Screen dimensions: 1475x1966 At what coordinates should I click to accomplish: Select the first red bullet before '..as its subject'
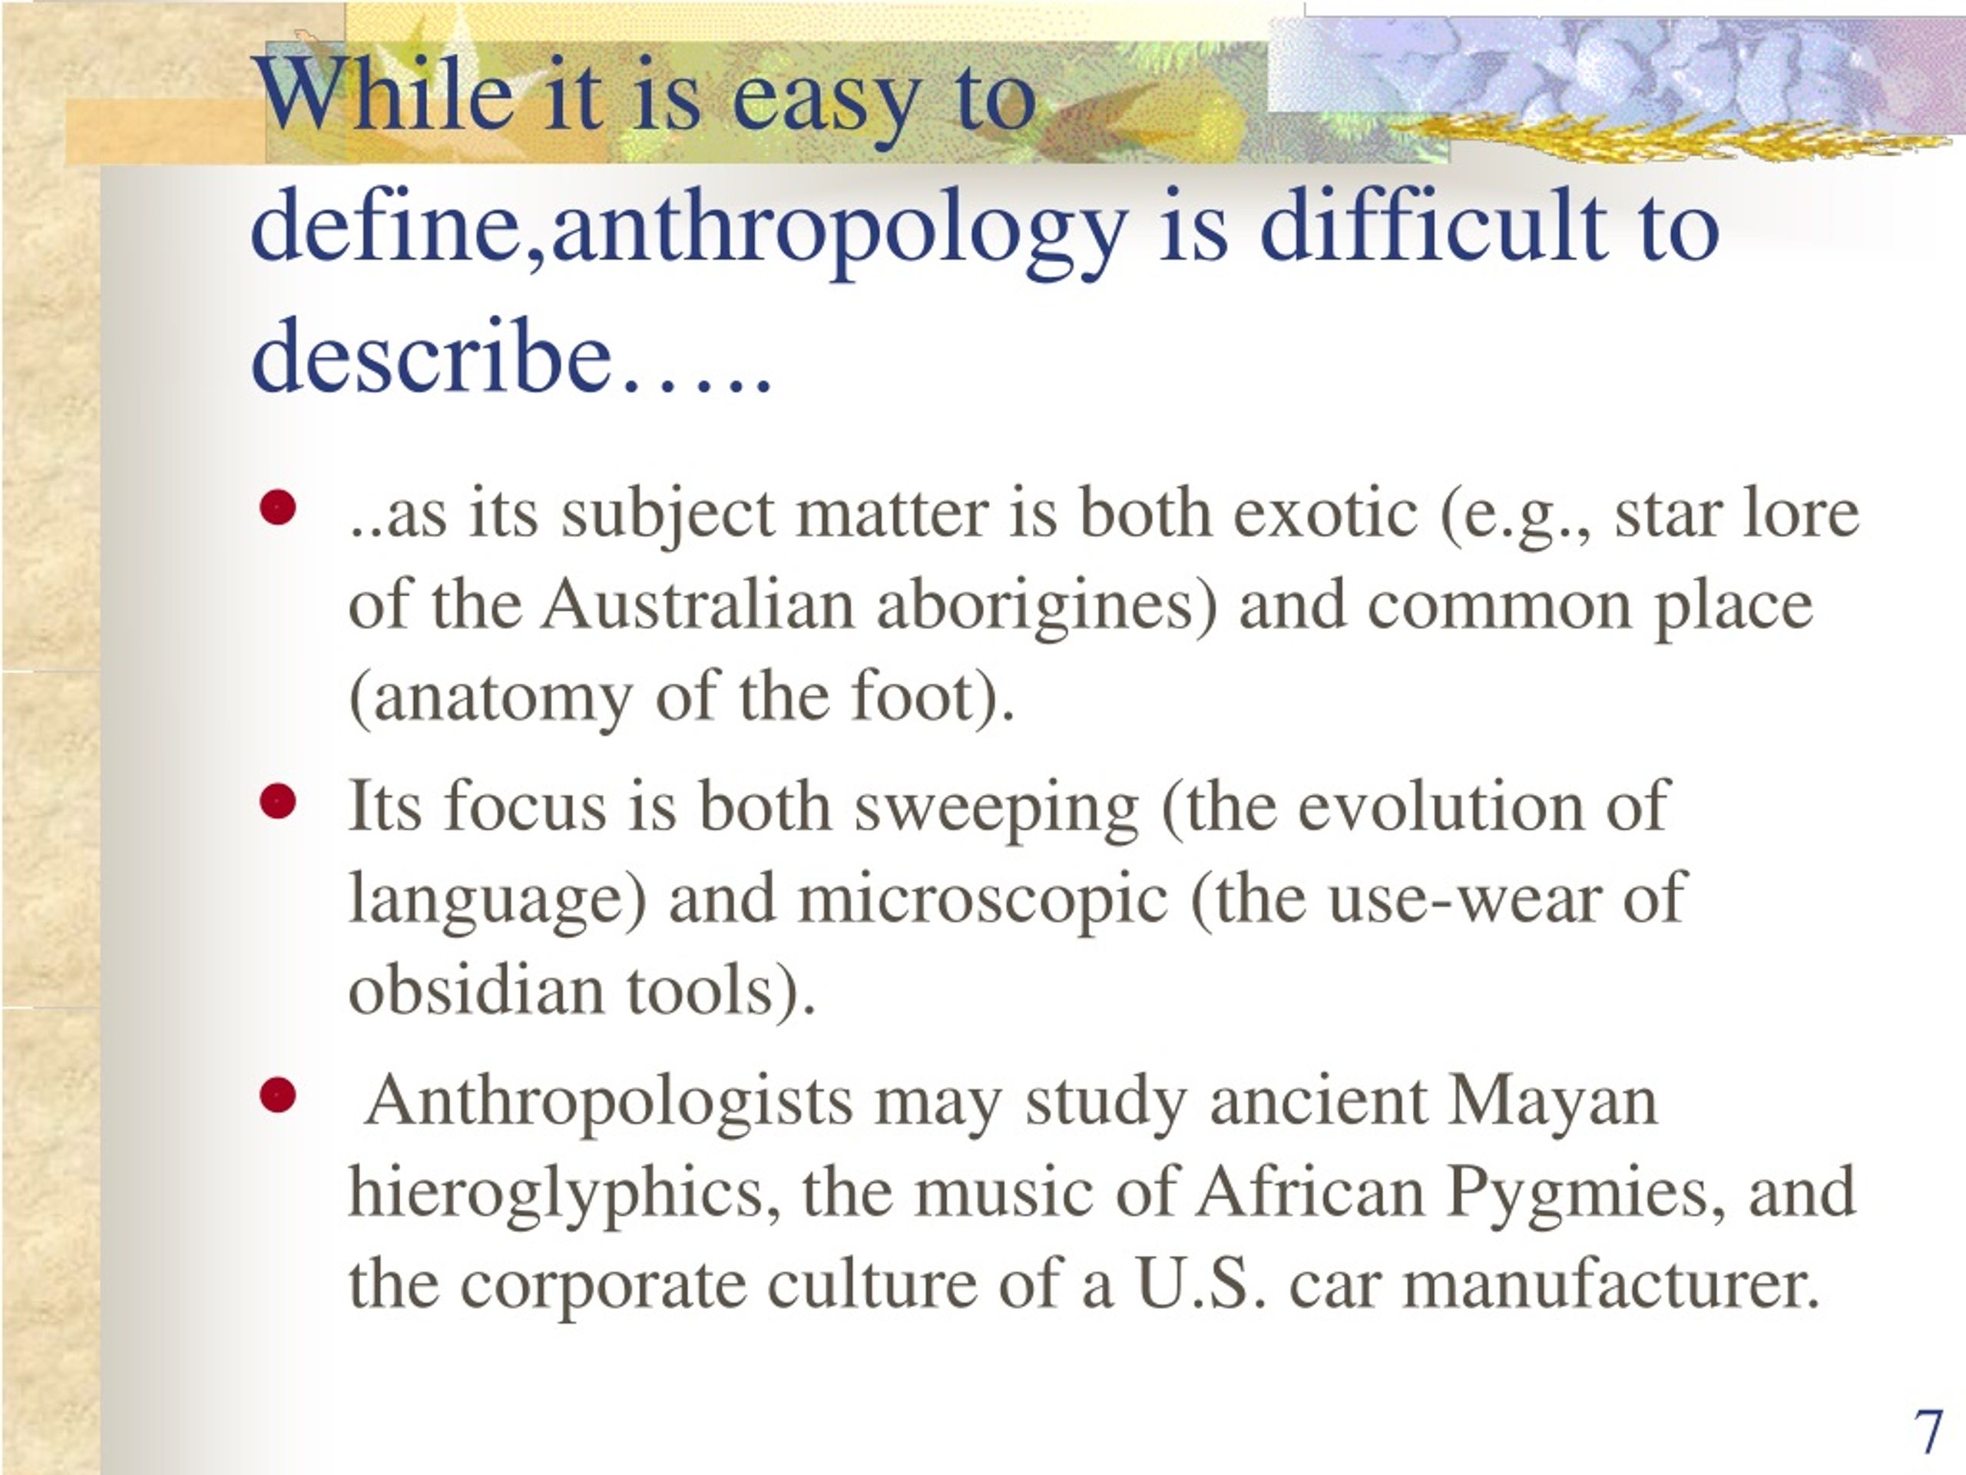click(278, 509)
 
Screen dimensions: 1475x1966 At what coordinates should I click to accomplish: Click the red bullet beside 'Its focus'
click(278, 802)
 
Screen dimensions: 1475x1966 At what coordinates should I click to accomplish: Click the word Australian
click(697, 605)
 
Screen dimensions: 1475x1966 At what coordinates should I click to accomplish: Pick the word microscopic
click(982, 899)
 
